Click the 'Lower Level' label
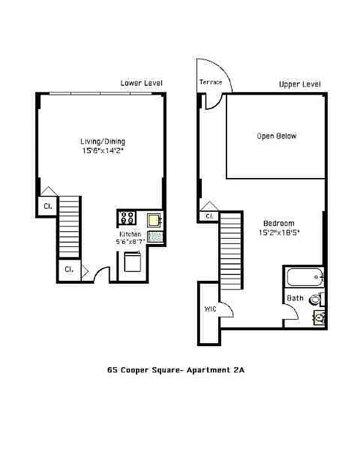[141, 83]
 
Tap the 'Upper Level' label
[299, 85]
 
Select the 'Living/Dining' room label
[103, 141]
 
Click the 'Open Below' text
[277, 136]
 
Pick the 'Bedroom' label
[278, 223]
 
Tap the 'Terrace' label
[210, 82]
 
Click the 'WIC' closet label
[210, 308]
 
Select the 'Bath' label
[294, 298]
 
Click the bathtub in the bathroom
[303, 277]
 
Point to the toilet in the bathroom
[315, 300]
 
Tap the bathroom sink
[318, 318]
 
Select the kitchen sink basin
[155, 219]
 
